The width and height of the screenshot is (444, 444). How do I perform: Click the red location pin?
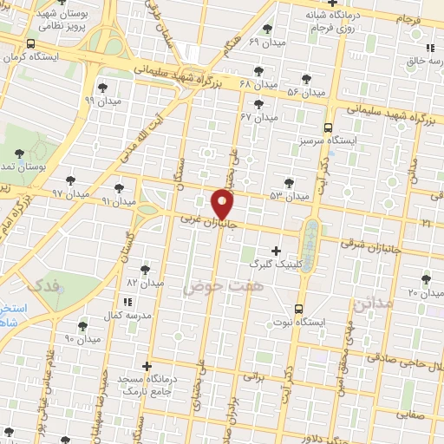(224, 203)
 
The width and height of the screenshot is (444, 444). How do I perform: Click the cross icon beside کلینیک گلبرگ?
(276, 251)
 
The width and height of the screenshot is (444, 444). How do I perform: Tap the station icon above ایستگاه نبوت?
(299, 309)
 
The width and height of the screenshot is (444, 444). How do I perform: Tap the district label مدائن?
(377, 303)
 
